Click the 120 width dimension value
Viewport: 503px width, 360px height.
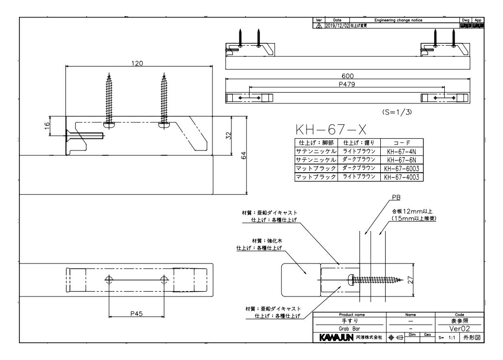(138, 64)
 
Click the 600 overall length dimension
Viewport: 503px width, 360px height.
(347, 76)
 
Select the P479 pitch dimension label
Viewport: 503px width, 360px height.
(347, 84)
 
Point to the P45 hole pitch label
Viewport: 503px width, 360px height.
(137, 313)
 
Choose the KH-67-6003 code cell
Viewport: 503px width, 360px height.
(402, 169)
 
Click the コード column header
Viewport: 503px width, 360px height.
(402, 143)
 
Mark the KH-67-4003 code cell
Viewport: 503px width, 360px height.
(402, 178)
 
